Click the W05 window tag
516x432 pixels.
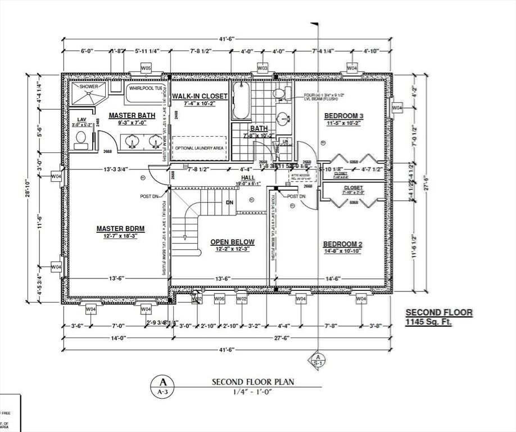146,69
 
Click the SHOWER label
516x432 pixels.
88,87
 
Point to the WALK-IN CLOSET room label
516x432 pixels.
200,96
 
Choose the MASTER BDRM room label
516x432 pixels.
120,228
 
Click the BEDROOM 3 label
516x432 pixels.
344,116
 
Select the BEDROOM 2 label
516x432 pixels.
341,244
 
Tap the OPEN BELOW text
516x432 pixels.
232,242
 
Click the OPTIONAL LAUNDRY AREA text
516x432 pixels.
199,147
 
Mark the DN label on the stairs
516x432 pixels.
229,202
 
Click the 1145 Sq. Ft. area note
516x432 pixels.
428,323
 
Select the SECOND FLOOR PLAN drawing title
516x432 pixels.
252,382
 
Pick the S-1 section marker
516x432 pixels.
318,361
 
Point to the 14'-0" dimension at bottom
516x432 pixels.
116,337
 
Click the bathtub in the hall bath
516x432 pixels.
241,101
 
